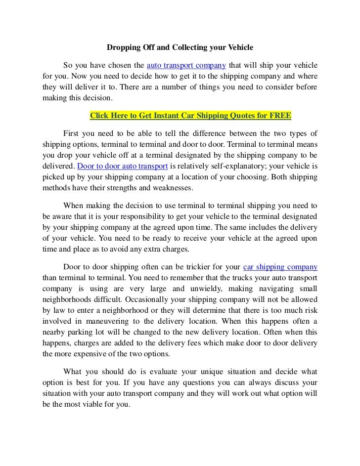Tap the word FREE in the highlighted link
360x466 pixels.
280,117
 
